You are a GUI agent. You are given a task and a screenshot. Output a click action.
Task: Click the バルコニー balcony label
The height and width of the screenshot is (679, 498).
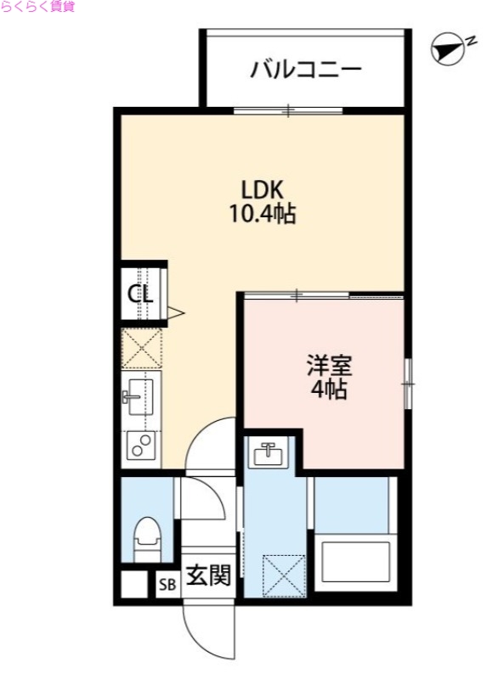(x=305, y=69)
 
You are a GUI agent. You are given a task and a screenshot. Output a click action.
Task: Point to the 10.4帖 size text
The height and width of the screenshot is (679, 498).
(x=260, y=215)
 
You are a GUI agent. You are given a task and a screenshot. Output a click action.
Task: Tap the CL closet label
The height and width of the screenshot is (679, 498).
(x=140, y=294)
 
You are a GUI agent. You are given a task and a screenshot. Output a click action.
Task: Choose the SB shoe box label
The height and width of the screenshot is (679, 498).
(x=167, y=584)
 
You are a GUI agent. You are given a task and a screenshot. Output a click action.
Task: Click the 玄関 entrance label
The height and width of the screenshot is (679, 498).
(x=207, y=576)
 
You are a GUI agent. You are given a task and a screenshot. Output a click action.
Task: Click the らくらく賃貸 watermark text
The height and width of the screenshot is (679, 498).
(x=37, y=7)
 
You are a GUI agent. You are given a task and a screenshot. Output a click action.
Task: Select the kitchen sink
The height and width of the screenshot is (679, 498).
(x=139, y=396)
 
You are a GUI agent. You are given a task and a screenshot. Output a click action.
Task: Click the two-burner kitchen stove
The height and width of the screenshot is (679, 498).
(x=139, y=444)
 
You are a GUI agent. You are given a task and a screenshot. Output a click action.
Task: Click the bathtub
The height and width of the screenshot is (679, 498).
(x=353, y=561)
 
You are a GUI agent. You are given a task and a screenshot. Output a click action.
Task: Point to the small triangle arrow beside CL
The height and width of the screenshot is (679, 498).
(x=176, y=313)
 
